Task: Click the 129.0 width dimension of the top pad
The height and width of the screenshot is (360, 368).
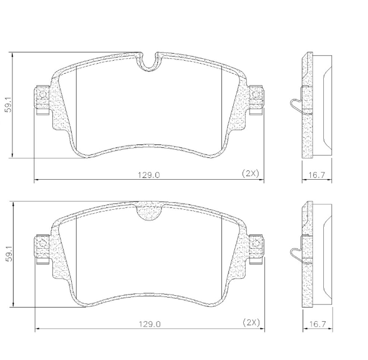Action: click(x=150, y=174)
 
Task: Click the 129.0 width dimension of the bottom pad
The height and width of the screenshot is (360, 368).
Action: click(x=150, y=323)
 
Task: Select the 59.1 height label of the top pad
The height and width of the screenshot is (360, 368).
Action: click(x=8, y=105)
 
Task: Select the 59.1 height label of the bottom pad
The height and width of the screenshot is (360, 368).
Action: click(x=8, y=254)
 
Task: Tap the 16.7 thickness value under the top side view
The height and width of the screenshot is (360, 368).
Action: click(x=317, y=174)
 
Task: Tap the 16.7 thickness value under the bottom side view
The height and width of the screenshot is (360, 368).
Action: click(x=317, y=323)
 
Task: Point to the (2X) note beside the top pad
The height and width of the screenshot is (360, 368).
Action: click(x=250, y=173)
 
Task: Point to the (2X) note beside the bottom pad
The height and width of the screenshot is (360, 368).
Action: click(x=250, y=322)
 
